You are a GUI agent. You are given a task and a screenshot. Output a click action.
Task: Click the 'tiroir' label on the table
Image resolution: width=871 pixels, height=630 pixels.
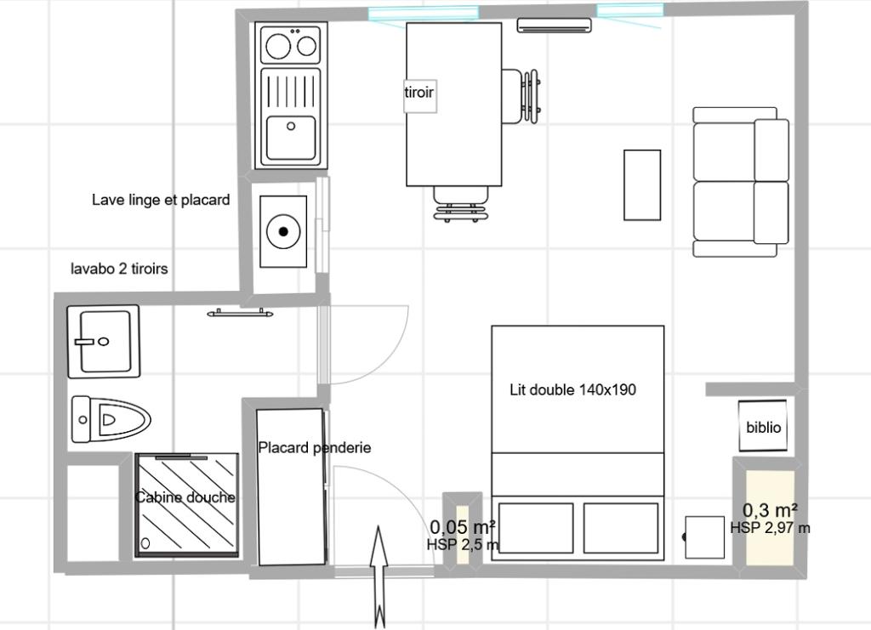click(x=418, y=92)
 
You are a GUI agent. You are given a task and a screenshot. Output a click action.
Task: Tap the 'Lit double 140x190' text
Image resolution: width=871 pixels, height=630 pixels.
click(x=572, y=389)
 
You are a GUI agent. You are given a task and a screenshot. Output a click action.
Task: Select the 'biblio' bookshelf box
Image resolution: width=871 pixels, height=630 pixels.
click(x=763, y=426)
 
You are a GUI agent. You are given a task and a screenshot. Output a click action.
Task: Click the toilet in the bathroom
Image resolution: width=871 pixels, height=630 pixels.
click(x=111, y=419)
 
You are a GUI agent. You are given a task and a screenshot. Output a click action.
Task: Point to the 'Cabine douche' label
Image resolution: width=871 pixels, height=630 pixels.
click(x=185, y=497)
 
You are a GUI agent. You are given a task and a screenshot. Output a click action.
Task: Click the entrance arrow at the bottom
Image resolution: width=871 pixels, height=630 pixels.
click(x=379, y=577)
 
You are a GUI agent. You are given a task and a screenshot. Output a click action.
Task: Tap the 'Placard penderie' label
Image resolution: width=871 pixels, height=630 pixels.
click(x=315, y=447)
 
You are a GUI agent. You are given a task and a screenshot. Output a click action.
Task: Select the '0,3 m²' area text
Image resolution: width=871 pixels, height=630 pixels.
click(x=771, y=509)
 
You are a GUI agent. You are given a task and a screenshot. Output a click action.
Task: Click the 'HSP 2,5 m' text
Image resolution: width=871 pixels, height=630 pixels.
click(x=463, y=545)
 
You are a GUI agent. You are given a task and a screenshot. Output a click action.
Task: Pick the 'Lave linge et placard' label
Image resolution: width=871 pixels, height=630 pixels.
click(x=161, y=200)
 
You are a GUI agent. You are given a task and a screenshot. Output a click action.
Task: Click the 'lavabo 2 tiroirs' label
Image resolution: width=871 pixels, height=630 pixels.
click(x=119, y=269)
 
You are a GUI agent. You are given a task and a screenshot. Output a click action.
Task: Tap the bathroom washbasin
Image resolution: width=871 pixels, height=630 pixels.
click(x=103, y=341)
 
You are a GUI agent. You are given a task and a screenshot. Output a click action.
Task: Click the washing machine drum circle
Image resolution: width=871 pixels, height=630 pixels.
click(x=283, y=231)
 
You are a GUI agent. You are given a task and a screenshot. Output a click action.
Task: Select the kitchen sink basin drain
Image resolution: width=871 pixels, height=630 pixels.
click(x=291, y=127)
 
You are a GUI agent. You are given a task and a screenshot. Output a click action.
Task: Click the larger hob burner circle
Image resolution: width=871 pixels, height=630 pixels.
click(x=278, y=46)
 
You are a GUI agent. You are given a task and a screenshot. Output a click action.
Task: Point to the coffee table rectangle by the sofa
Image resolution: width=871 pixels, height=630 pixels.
click(x=642, y=184)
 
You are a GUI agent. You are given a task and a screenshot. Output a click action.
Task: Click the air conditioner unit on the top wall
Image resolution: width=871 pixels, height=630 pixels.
click(x=554, y=25)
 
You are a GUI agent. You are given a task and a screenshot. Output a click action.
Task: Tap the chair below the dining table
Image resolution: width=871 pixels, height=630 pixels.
click(x=460, y=204)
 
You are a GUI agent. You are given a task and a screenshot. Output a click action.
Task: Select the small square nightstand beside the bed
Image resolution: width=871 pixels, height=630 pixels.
click(x=704, y=537)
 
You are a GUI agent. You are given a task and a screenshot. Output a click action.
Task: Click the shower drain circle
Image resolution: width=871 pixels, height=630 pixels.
click(x=145, y=543)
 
